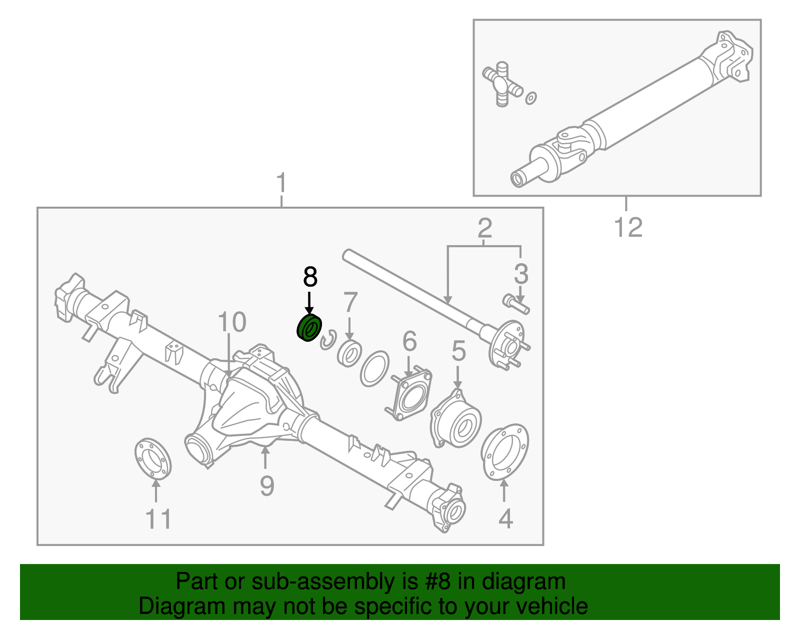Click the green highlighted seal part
[x=309, y=329]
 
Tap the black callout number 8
[x=310, y=277]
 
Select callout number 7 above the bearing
[x=350, y=303]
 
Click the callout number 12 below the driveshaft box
[x=628, y=228]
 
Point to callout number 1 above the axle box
[x=281, y=183]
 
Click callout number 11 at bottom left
[x=158, y=519]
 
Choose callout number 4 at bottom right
[x=505, y=519]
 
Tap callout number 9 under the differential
[x=267, y=485]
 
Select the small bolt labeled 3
[x=515, y=303]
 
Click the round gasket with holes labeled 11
[x=152, y=458]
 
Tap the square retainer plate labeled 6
[x=410, y=395]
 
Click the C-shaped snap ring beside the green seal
[x=328, y=340]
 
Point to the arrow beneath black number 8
[x=310, y=303]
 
